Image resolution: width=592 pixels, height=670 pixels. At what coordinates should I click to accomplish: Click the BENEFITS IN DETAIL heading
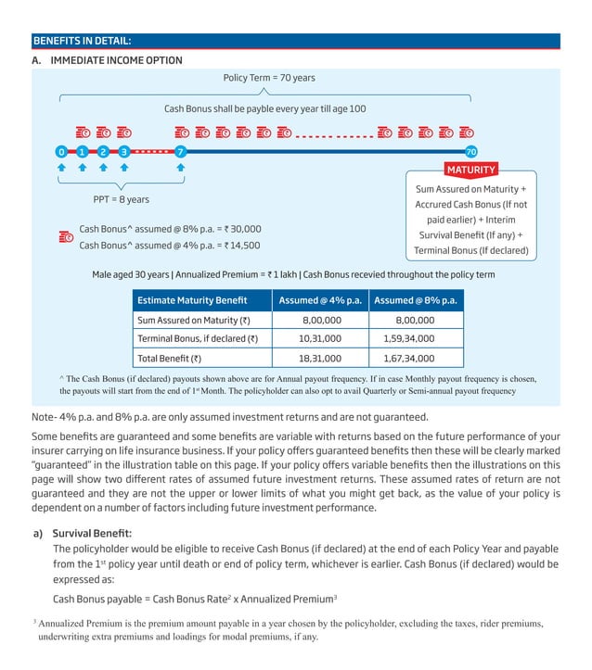click(82, 41)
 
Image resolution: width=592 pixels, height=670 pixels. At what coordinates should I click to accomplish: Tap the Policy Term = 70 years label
click(269, 78)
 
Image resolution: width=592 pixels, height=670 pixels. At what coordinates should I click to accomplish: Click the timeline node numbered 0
click(61, 151)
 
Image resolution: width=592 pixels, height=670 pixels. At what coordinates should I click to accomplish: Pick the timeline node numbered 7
click(181, 151)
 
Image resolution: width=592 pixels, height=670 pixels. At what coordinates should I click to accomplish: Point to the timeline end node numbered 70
click(470, 151)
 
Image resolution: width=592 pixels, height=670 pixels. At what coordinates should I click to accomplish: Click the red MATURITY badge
click(471, 170)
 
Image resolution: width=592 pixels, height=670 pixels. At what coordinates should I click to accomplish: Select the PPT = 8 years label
click(121, 199)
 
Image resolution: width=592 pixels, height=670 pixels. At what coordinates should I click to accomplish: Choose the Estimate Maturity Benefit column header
click(193, 300)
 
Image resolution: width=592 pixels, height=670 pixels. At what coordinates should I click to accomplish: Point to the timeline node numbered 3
click(123, 151)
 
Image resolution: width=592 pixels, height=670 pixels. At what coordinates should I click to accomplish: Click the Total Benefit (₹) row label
click(170, 358)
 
